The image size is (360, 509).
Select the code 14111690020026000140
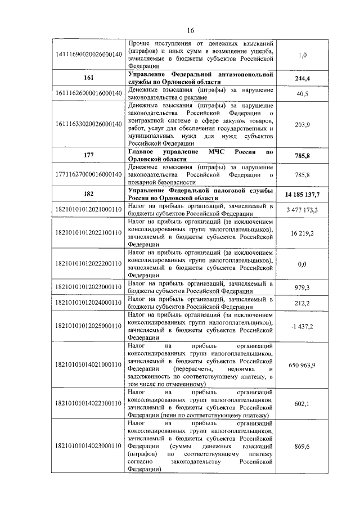click(x=87, y=55)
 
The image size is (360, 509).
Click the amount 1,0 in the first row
click(x=303, y=55)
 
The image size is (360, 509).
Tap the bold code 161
click(x=87, y=78)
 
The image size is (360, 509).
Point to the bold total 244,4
click(x=303, y=78)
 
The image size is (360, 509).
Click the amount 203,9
click(x=303, y=124)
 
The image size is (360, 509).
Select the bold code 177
click(x=87, y=155)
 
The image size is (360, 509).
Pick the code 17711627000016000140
click(x=87, y=175)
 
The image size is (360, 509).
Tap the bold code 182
click(x=87, y=195)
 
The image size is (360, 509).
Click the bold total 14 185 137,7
click(x=303, y=195)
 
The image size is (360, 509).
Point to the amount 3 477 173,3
click(x=303, y=210)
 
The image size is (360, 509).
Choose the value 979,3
click(x=303, y=287)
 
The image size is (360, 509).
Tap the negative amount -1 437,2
click(x=303, y=326)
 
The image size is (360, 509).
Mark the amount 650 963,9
click(x=303, y=364)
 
